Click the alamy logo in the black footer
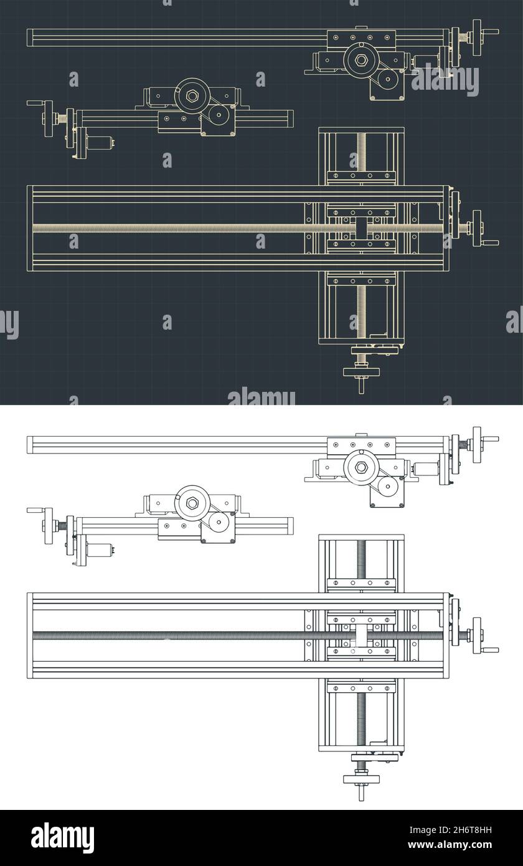62,838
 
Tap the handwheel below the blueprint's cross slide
362,373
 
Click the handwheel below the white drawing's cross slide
362,779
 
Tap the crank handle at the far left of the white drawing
35,510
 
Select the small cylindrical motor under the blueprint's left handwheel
97,143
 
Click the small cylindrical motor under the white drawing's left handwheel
97,550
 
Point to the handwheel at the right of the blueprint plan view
478,228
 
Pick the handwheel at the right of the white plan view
478,635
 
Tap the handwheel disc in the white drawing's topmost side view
477,445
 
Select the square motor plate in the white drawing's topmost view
387,492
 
